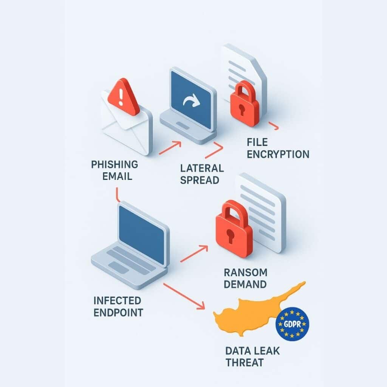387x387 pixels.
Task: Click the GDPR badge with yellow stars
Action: point(293,324)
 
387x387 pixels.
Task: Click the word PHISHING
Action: point(115,165)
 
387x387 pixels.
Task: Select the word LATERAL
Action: point(202,168)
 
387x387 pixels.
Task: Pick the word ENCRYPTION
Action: point(278,154)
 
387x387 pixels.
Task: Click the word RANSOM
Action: point(245,272)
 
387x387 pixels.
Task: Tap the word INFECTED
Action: point(117,301)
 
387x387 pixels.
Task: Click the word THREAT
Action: point(244,363)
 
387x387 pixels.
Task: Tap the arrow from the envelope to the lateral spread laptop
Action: point(170,147)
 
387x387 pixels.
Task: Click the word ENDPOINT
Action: point(118,313)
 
